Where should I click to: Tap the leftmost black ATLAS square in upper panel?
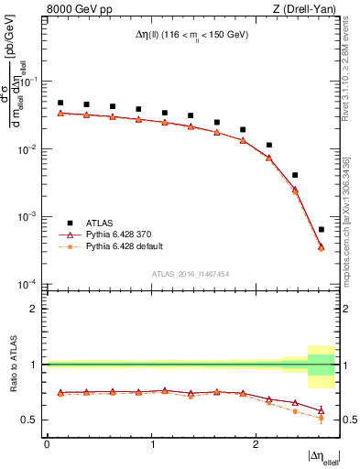pyautogui.click(x=60, y=104)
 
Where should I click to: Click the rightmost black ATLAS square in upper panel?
pyautogui.click(x=321, y=229)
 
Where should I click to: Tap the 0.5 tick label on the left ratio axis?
pyautogui.click(x=31, y=420)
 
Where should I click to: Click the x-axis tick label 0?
pyautogui.click(x=47, y=444)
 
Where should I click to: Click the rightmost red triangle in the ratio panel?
pyautogui.click(x=321, y=410)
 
